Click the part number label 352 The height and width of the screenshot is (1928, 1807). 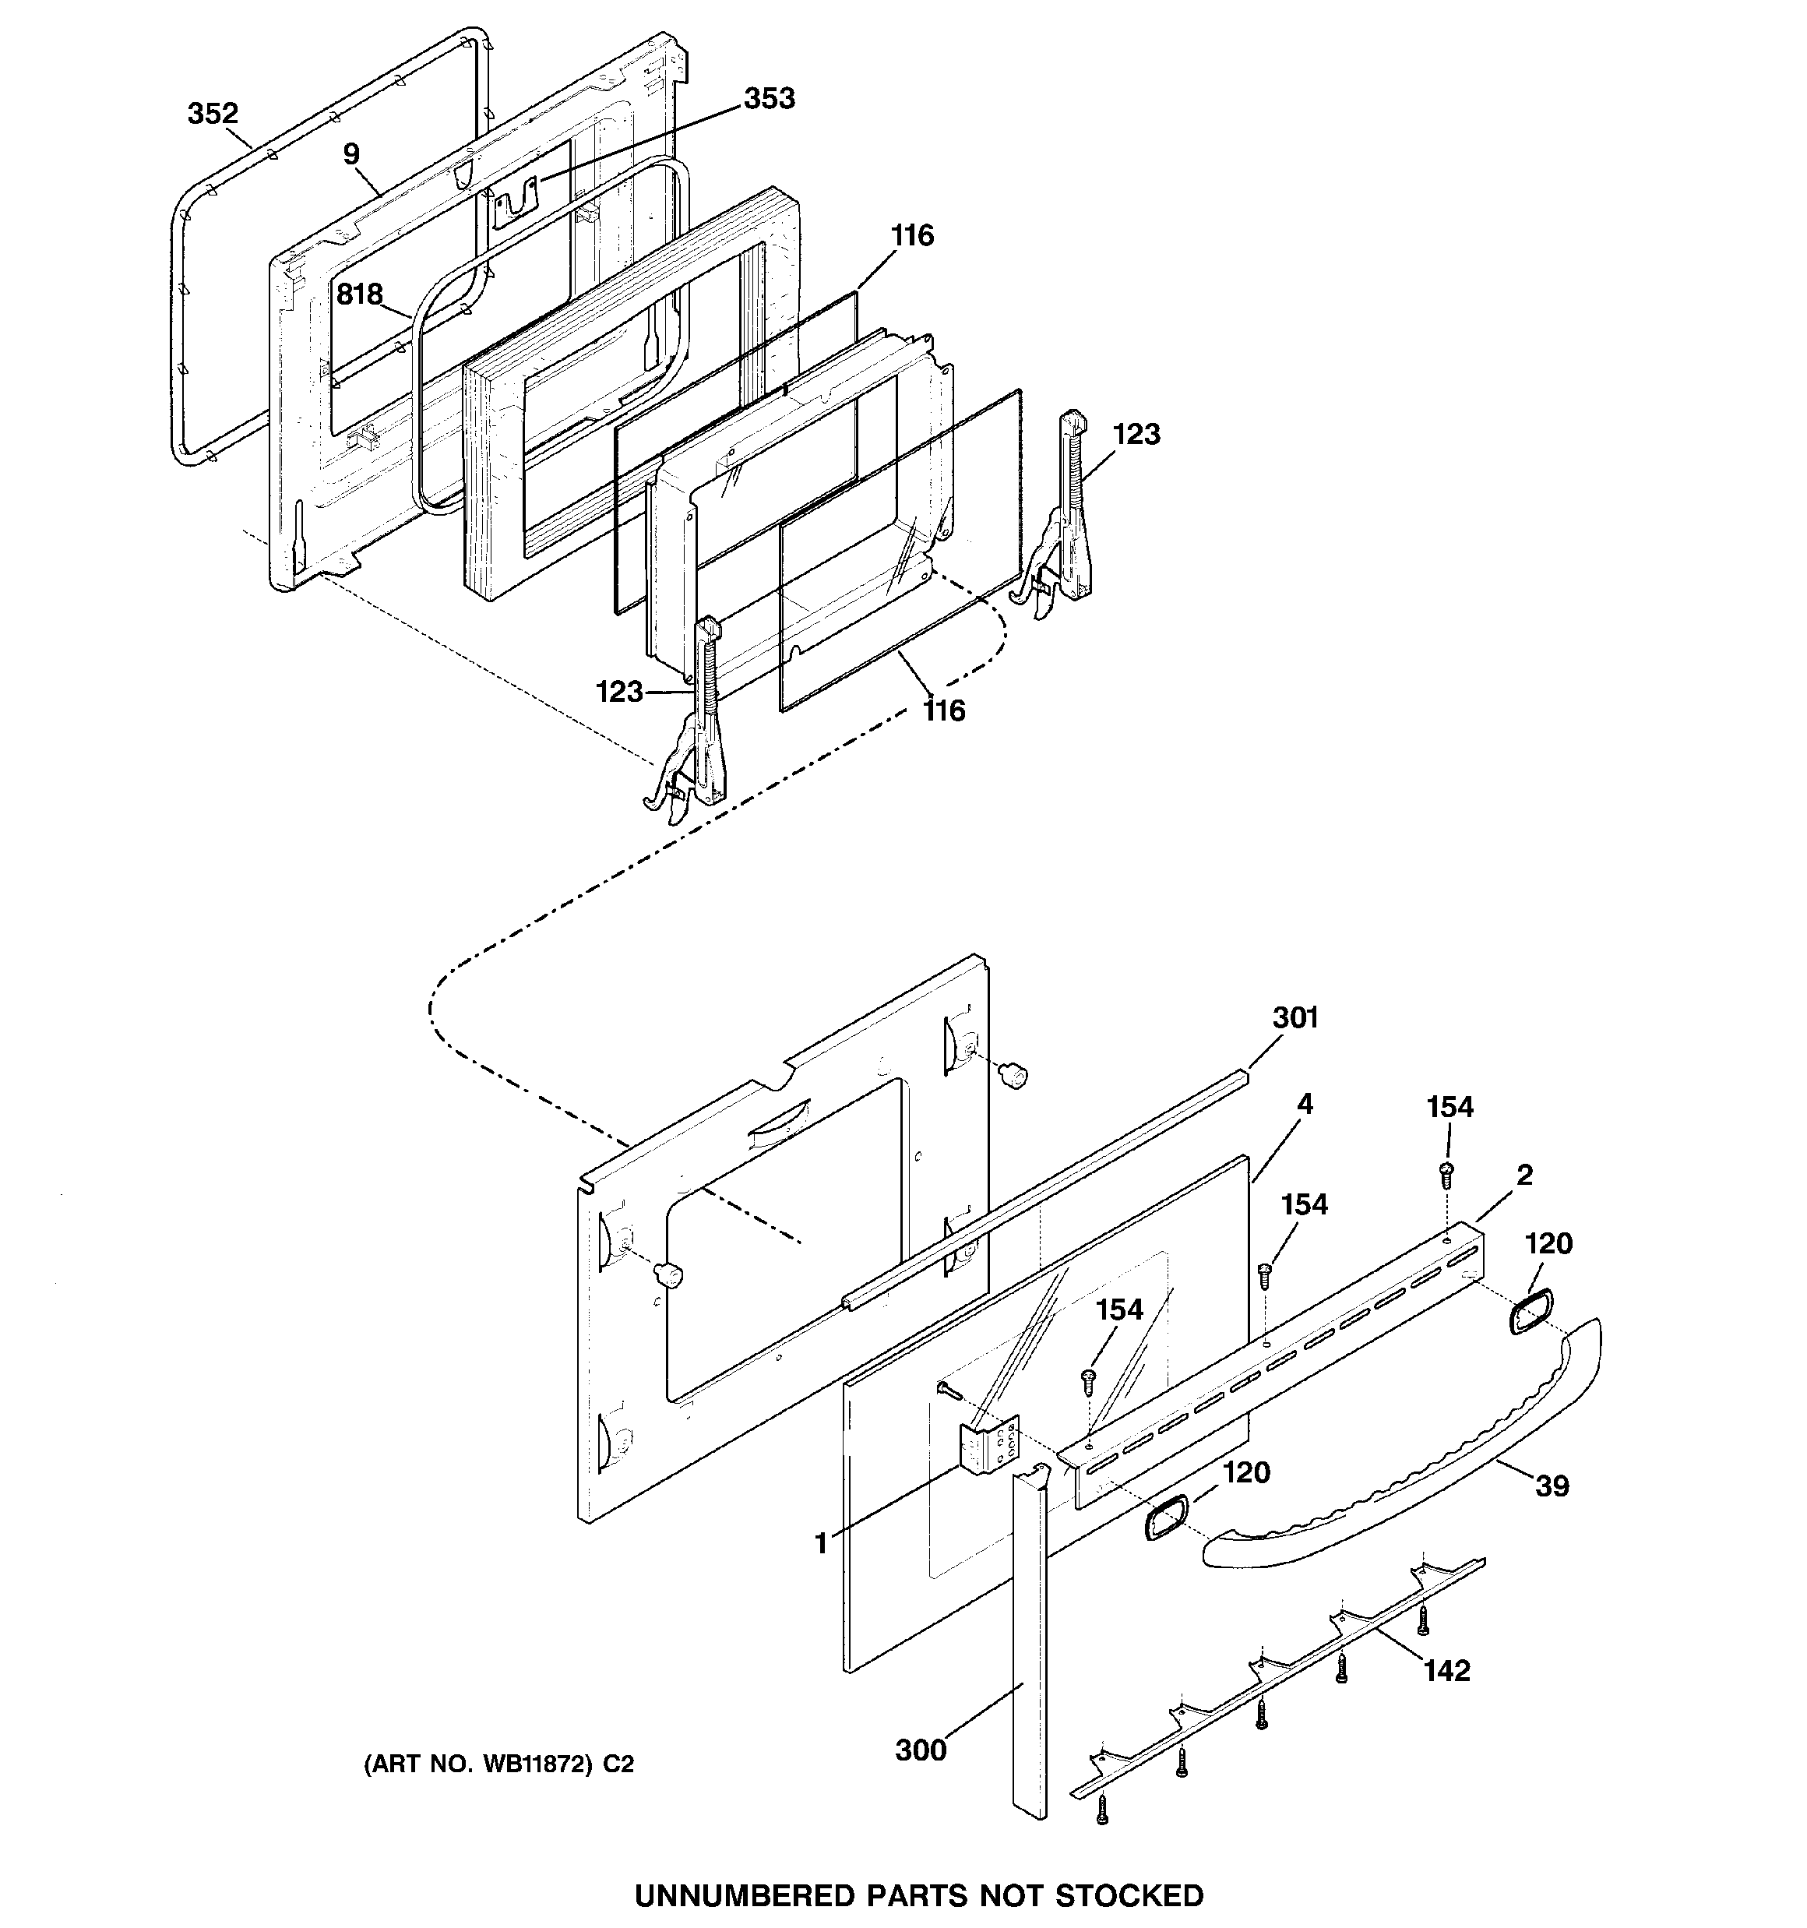(x=213, y=114)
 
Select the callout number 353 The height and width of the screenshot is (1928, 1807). (x=770, y=98)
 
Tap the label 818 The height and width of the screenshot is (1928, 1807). (x=360, y=293)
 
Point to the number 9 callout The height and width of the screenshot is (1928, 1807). (x=351, y=153)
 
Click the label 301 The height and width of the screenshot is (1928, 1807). (x=1294, y=1017)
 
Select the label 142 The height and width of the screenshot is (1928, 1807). (x=1446, y=1670)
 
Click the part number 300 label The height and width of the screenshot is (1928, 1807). (x=921, y=1750)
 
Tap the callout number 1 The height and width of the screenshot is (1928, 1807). (x=822, y=1543)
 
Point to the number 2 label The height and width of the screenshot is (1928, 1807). (x=1525, y=1175)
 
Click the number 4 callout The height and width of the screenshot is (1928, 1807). (x=1305, y=1104)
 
